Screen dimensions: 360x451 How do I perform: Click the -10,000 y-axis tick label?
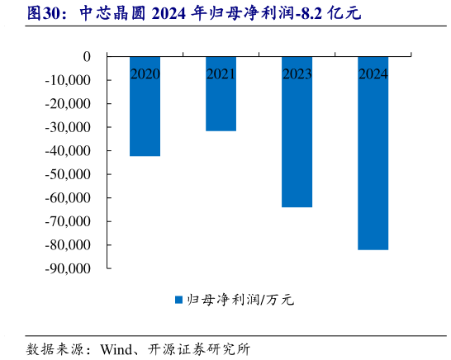(69, 80)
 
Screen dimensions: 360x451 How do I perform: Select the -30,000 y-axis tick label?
(69, 127)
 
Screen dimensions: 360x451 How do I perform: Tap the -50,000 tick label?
(69, 174)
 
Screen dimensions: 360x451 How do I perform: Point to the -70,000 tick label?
(69, 221)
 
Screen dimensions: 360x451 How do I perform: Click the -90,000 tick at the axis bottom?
(69, 268)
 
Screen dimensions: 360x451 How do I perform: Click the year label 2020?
(145, 74)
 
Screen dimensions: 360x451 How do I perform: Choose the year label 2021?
(221, 74)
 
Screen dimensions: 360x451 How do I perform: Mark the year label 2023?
(297, 74)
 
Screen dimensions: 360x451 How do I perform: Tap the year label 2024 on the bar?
(373, 74)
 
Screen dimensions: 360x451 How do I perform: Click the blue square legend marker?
(178, 300)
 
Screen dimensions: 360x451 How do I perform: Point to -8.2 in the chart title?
(317, 14)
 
